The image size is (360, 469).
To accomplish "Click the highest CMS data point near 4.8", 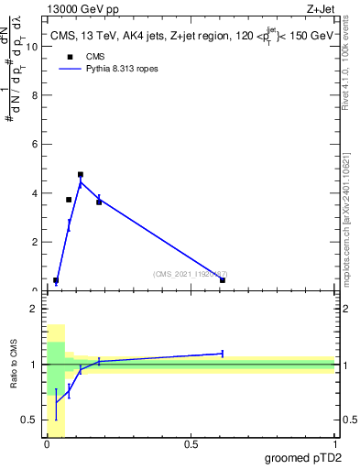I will point(81,174).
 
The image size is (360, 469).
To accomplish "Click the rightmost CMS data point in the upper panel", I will point(223,279).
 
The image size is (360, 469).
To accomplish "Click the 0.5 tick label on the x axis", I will point(191,444).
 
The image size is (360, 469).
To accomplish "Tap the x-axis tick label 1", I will point(334,444).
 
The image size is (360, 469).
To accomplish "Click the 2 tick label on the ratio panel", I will point(34,309).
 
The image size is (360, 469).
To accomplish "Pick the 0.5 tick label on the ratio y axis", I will point(30,420).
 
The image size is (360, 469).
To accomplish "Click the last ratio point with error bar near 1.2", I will point(223,353).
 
